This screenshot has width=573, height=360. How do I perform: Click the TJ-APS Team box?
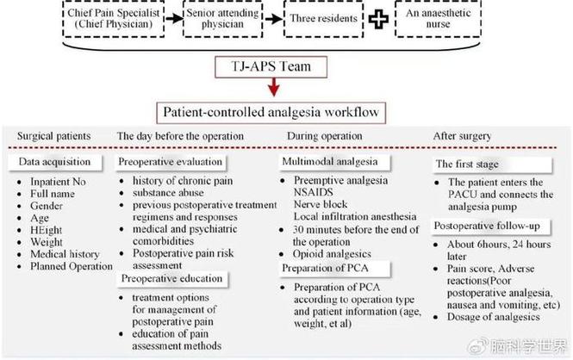[271, 67]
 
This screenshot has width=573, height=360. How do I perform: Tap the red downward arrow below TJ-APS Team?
[274, 87]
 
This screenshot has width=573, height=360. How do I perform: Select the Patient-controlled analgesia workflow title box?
[271, 113]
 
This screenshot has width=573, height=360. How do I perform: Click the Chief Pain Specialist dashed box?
[113, 18]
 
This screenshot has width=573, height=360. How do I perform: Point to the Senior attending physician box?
[222, 19]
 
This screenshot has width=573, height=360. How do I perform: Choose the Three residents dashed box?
[323, 19]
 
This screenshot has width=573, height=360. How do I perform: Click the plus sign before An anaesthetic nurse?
[378, 19]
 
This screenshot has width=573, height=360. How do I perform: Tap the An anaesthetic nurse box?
[438, 18]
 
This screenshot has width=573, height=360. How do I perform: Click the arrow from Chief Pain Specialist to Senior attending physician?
[174, 18]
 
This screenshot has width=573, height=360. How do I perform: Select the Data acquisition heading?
[54, 162]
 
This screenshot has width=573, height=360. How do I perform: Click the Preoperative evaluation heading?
[171, 162]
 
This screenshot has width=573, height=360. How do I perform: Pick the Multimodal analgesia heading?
[330, 161]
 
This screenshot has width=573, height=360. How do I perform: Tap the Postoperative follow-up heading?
[487, 226]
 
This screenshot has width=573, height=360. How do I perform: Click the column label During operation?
[325, 136]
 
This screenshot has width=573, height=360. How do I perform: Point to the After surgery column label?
[462, 136]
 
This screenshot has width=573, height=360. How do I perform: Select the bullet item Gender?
[47, 206]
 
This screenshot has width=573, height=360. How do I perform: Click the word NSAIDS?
[314, 192]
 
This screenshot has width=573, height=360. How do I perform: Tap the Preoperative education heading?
[171, 278]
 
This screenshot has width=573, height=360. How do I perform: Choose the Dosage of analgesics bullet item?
[494, 317]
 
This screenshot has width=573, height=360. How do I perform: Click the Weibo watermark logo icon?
[479, 345]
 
